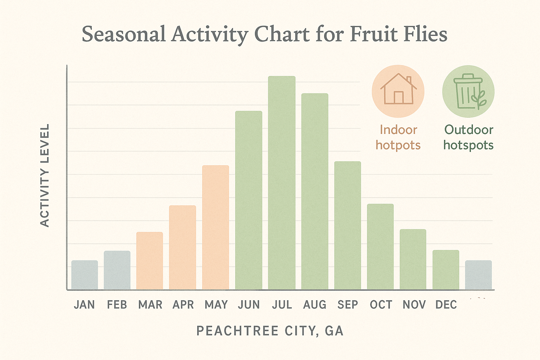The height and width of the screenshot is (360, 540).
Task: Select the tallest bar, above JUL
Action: coord(282,183)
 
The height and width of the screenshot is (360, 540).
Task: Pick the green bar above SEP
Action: coord(347,225)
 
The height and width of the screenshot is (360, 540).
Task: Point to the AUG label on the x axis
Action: coord(315,304)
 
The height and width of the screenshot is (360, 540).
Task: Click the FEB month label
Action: coord(117,304)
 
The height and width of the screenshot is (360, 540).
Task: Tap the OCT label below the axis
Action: coord(381,304)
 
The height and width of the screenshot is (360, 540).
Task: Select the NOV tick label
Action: coord(414,304)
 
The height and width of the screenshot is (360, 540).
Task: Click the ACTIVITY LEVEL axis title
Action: coord(45,175)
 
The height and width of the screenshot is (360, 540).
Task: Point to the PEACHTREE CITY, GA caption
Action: coord(270,331)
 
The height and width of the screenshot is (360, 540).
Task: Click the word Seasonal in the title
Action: coord(123,34)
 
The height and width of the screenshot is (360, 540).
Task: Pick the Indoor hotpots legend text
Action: coord(398,137)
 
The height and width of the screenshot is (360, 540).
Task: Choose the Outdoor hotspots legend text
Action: coord(468,137)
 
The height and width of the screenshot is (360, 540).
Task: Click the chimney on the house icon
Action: coord(409,79)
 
